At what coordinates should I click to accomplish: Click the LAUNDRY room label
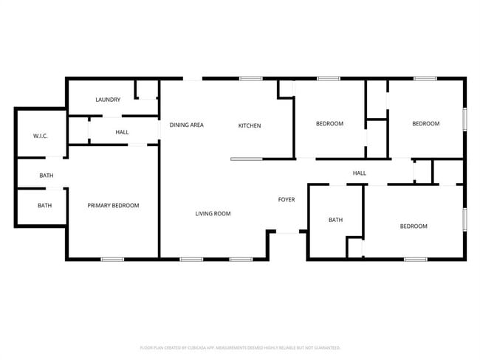click(108, 100)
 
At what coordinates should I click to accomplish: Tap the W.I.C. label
click(40, 136)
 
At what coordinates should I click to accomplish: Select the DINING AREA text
click(186, 125)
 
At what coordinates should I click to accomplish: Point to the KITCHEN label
click(249, 125)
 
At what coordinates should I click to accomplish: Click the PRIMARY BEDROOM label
click(113, 205)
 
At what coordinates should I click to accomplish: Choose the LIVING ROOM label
click(213, 213)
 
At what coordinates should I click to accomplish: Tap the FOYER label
click(287, 200)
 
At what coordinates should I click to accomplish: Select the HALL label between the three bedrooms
click(359, 173)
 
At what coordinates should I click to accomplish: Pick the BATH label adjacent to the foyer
click(335, 220)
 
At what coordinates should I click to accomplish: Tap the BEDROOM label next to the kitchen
click(329, 123)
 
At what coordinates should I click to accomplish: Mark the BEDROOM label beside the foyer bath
click(414, 226)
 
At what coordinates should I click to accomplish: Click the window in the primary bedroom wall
click(112, 259)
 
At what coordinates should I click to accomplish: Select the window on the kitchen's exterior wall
click(251, 78)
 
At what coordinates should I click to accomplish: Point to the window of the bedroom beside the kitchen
click(328, 78)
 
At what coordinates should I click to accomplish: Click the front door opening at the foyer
click(287, 233)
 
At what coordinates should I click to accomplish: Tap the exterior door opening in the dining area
click(192, 78)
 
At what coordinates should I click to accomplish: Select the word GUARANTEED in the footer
click(325, 347)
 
